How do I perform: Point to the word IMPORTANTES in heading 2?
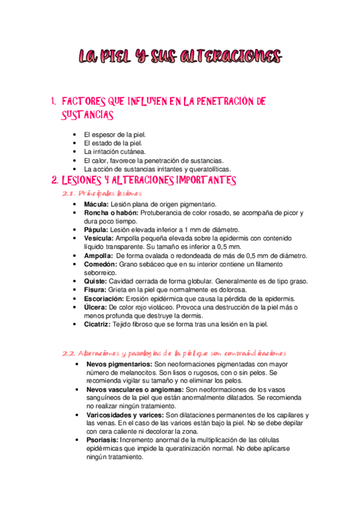206,180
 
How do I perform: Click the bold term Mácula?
97,204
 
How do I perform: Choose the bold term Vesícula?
100,238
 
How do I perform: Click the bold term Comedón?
101,264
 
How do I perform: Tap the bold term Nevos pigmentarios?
119,364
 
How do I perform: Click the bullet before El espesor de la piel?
73,135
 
